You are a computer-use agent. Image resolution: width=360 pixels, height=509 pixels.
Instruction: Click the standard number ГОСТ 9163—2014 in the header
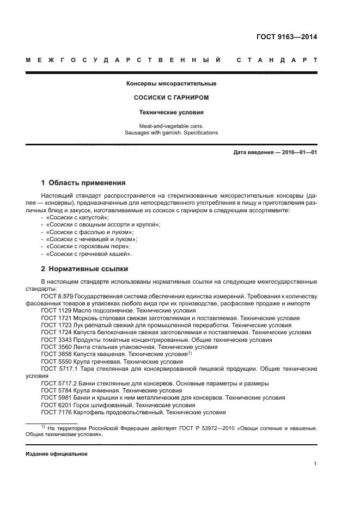coord(286,37)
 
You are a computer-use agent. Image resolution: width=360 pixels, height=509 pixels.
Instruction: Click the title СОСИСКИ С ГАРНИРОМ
coord(172,98)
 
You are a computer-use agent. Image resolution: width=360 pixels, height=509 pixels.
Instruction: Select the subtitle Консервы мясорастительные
coord(172,83)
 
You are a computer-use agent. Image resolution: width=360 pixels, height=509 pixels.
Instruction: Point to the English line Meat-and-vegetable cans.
coord(172,126)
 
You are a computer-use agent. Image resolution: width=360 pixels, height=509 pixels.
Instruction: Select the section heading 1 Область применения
coord(83,183)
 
